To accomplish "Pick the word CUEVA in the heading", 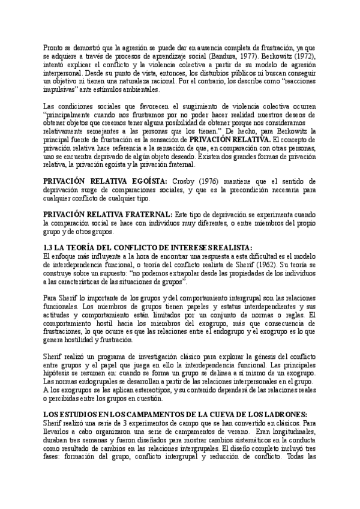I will coord(221,415).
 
